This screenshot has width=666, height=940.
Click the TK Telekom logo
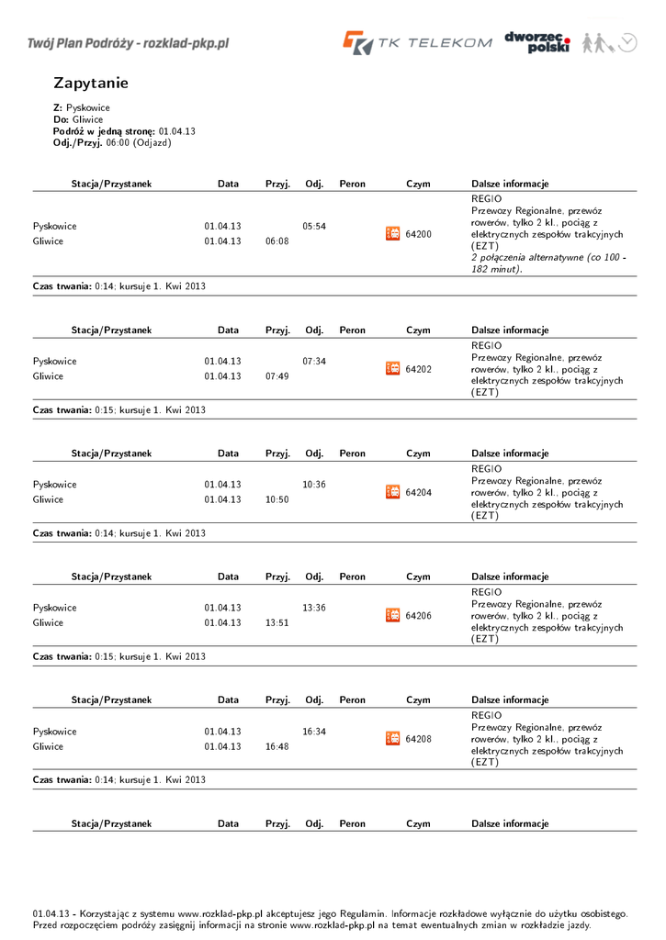click(x=417, y=43)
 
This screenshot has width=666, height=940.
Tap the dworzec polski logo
click(x=537, y=42)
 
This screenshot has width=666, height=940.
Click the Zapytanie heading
click(x=91, y=84)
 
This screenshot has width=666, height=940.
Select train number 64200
click(x=418, y=234)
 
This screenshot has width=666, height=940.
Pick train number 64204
click(x=418, y=492)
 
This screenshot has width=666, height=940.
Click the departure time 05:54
click(x=314, y=226)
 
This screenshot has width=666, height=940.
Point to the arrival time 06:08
click(x=277, y=241)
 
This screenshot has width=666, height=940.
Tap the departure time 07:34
click(x=314, y=361)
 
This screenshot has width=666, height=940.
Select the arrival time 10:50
click(x=277, y=499)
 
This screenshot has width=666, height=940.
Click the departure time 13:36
click(x=314, y=608)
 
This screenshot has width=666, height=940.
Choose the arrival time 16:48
click(x=277, y=746)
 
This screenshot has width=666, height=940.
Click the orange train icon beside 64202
click(x=392, y=369)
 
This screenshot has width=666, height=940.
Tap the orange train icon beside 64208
click(x=392, y=739)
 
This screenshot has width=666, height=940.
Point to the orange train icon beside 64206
click(x=392, y=615)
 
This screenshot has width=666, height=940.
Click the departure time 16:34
click(x=314, y=732)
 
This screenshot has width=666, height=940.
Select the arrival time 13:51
click(x=277, y=622)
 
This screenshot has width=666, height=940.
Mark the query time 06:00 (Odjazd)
click(x=139, y=143)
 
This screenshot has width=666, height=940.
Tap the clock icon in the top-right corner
click(x=627, y=42)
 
